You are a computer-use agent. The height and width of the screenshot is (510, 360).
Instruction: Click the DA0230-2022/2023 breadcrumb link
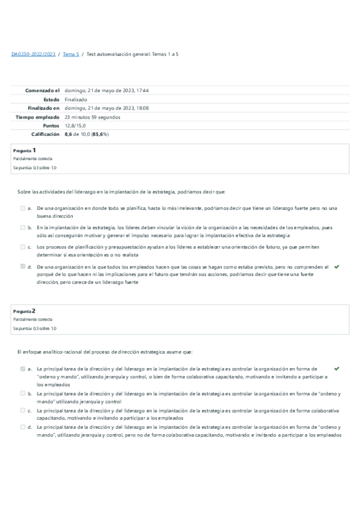click(x=33, y=54)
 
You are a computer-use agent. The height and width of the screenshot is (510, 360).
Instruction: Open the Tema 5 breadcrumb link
click(x=70, y=54)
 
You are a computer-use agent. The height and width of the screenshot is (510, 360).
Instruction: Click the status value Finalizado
click(x=76, y=99)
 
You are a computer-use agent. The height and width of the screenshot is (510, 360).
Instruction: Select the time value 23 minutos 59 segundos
click(x=92, y=117)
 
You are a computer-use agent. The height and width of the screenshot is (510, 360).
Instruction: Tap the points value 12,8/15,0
click(x=76, y=126)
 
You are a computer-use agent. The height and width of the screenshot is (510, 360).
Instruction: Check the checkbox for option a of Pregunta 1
click(x=22, y=208)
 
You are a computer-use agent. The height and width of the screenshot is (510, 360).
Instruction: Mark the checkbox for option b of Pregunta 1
click(x=22, y=228)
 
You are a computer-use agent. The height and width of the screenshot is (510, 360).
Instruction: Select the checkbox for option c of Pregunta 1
click(x=22, y=247)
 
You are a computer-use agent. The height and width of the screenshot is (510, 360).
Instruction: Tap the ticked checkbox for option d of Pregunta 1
click(x=22, y=266)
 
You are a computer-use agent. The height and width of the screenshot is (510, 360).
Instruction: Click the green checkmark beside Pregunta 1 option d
click(x=336, y=266)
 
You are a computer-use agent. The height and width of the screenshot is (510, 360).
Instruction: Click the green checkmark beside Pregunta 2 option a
click(x=336, y=368)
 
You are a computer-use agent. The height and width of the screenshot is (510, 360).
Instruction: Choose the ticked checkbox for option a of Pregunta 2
click(x=22, y=369)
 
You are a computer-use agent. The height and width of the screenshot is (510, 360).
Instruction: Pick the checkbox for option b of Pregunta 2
click(x=22, y=393)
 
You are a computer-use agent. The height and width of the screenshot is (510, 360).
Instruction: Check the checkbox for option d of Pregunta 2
click(x=22, y=427)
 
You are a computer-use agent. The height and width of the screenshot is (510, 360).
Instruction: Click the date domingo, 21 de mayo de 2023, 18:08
click(x=106, y=108)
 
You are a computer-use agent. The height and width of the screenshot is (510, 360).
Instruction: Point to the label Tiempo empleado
click(x=38, y=117)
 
